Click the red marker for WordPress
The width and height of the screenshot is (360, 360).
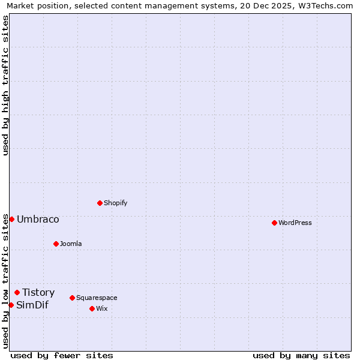274,223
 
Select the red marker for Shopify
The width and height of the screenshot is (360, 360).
100,203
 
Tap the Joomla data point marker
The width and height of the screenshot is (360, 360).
56,244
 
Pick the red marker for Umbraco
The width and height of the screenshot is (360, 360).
11,219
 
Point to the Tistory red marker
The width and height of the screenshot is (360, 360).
17,292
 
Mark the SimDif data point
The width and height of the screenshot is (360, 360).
11,305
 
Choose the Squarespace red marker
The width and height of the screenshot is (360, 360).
72,298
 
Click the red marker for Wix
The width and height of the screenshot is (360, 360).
92,308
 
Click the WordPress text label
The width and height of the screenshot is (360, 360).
295,223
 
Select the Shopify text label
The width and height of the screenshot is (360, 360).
116,203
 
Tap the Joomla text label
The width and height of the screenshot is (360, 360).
71,244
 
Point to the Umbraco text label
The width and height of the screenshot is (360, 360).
38,219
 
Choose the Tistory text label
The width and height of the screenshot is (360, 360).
38,292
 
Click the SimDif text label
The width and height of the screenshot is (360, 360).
32,305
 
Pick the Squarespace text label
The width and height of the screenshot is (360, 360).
97,298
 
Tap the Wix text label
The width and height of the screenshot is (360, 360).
102,308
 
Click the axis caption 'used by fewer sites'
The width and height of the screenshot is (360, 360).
62,355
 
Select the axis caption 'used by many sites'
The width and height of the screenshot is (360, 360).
301,355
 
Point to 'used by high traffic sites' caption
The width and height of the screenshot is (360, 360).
5,85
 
